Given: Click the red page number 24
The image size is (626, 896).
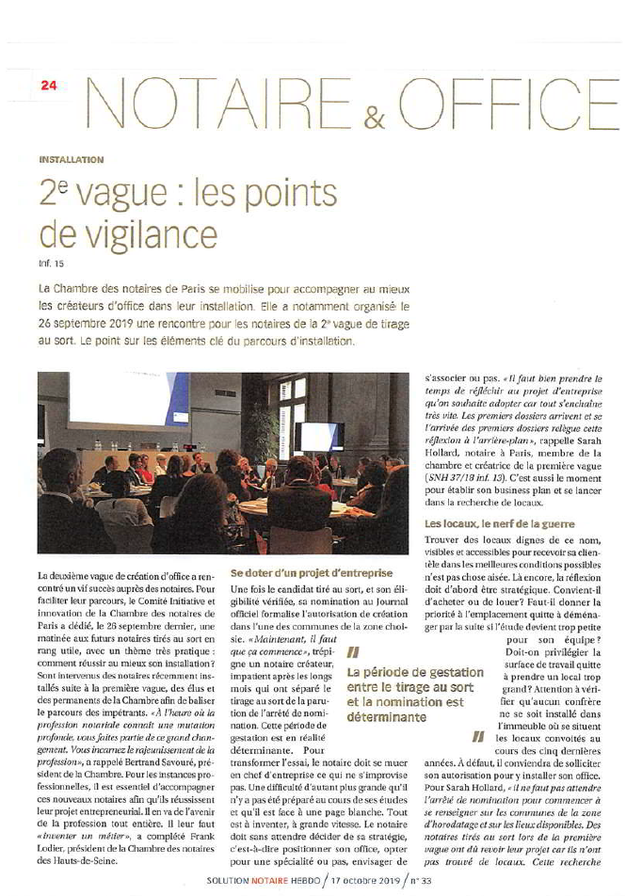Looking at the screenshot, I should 48,85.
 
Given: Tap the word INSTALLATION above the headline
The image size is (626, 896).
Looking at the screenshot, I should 71,160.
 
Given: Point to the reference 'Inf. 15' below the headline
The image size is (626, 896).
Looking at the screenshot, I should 49,253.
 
